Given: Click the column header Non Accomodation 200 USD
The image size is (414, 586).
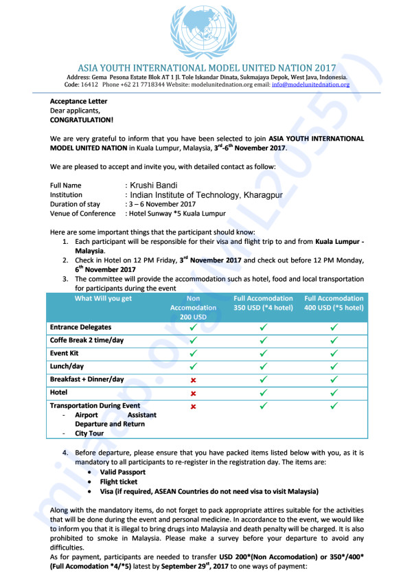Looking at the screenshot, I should point(193,308).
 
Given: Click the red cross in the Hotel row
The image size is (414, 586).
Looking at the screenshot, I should point(193,393).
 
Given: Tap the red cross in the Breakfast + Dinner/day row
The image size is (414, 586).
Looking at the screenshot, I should point(193,379).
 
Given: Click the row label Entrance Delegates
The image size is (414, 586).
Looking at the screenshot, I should point(80,327).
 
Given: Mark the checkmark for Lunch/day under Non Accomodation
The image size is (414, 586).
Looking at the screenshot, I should point(193,366).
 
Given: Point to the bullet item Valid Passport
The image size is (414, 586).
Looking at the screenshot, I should point(123,472).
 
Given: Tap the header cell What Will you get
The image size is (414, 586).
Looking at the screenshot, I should point(103,299).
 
